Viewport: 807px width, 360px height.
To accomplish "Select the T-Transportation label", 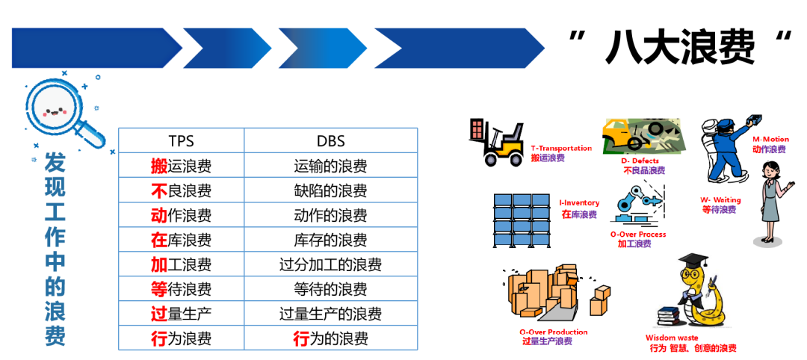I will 560,148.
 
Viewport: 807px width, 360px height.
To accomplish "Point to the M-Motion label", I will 770,140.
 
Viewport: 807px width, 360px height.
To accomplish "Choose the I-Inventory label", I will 579,203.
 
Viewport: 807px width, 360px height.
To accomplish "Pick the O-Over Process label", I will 637,234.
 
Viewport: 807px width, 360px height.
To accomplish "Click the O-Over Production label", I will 553,332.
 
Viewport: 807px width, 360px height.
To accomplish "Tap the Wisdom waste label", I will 672,338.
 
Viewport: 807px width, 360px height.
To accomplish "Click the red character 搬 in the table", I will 158,166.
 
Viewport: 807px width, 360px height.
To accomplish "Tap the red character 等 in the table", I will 158,288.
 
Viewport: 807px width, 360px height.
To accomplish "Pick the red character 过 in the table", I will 158,313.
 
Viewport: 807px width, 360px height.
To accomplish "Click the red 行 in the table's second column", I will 301,338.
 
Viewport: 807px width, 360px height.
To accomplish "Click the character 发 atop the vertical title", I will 55,161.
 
